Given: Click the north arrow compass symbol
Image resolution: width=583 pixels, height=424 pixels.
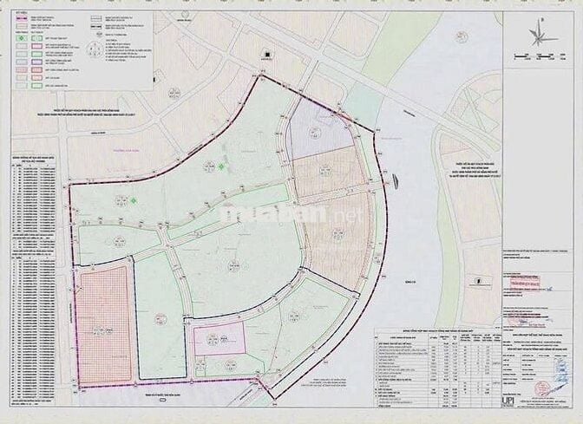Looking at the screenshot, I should pos(543,36).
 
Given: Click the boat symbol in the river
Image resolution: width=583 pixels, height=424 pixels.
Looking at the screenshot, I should pos(395,181).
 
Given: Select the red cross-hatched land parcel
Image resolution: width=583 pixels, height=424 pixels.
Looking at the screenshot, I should pos(103,324).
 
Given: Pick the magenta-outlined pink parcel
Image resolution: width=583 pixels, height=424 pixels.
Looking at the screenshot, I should pos(219,339).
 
